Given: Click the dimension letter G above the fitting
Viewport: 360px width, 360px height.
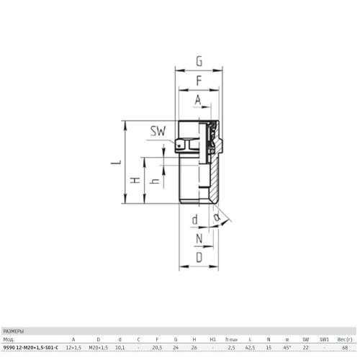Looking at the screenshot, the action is [199, 61].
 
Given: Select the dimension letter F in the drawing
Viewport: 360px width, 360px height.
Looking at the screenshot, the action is [199, 81].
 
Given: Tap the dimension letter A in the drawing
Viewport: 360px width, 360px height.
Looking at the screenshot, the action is [198, 100].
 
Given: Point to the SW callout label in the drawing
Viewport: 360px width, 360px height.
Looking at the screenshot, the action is [158, 131].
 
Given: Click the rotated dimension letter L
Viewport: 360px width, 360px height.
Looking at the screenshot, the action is [116, 162].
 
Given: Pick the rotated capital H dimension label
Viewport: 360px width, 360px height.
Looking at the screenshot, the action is [135, 180].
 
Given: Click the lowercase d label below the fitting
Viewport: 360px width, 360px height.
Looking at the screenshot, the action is [195, 220].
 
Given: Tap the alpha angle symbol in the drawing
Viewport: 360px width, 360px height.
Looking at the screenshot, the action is [217, 217].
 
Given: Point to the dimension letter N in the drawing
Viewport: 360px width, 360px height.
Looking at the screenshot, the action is [199, 239].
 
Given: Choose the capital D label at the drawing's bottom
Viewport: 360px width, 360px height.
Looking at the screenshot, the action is [199, 258].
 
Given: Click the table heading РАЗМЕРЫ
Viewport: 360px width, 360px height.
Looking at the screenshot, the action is [14, 332].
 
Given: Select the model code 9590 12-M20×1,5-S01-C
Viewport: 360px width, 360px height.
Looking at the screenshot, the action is [31, 347].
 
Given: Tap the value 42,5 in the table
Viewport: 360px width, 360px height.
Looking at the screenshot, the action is [250, 347].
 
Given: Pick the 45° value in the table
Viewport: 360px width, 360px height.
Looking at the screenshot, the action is [287, 347].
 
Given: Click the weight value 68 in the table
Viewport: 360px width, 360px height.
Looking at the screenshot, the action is [345, 347].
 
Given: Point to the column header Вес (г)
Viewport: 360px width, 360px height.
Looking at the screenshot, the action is [345, 340].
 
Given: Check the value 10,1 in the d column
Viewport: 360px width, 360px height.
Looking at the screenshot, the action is [120, 347].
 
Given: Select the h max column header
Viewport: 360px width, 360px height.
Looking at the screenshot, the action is [231, 340].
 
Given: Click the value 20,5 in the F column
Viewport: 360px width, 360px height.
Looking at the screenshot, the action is [157, 347].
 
